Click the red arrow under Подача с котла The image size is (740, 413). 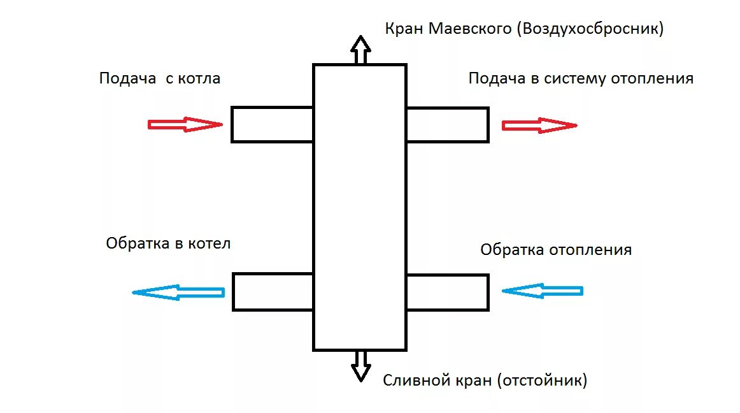tap(185, 124)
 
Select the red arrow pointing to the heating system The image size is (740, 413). tap(539, 125)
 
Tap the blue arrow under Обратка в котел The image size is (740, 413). tap(178, 293)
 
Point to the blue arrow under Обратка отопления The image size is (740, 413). tap(542, 291)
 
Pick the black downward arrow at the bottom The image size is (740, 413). tap(361, 366)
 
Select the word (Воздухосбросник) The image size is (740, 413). tap(590, 29)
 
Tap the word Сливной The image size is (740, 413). tap(414, 380)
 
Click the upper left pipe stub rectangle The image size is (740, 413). tap(272, 124)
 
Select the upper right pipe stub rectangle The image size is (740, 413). tap(447, 124)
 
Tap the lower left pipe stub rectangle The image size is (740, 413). tap(273, 292)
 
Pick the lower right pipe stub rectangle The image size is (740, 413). tap(447, 292)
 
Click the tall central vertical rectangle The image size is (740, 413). tap(360, 207)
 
